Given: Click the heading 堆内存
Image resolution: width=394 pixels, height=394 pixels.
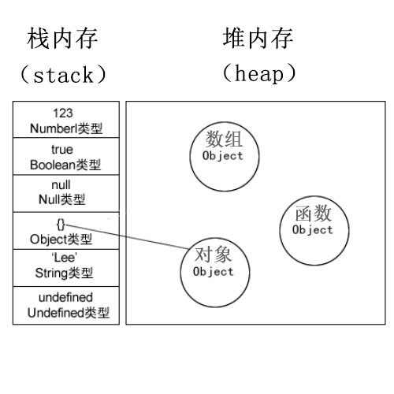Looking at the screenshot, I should (x=259, y=38).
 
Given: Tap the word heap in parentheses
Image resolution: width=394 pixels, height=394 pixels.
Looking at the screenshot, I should (x=259, y=75).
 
